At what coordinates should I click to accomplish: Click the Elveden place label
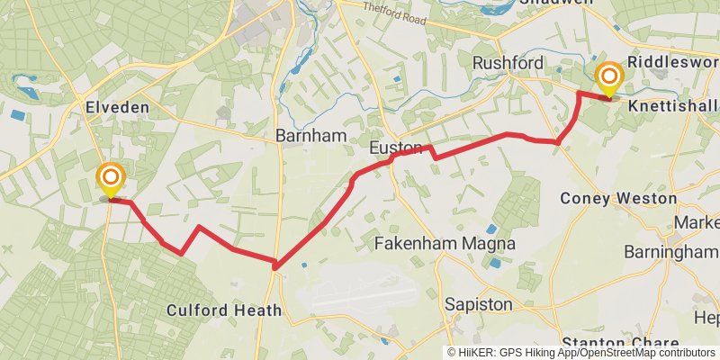click(117, 107)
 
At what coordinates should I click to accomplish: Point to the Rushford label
click(508, 63)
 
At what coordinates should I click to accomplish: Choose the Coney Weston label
click(617, 197)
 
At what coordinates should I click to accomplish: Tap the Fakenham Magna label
click(444, 243)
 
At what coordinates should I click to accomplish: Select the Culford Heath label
click(224, 310)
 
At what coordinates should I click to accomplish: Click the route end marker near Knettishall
click(610, 79)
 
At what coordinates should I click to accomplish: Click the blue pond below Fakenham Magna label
click(494, 263)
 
